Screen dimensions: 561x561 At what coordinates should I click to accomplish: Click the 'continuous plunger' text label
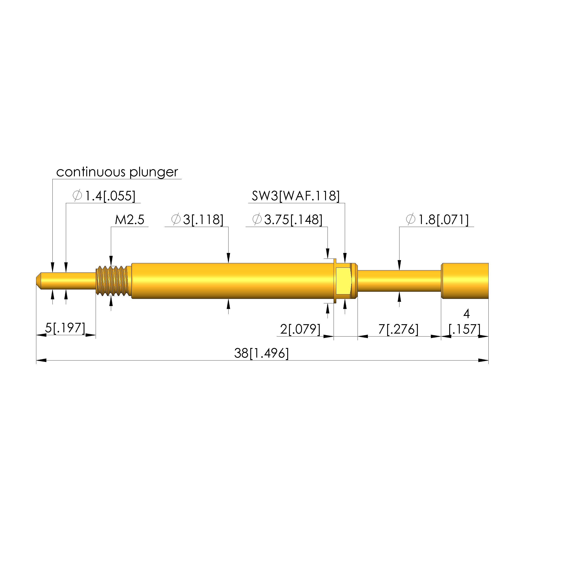point(117,172)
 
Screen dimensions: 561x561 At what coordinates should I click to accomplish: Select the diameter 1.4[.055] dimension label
point(104,196)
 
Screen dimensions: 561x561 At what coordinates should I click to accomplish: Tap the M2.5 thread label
point(129,220)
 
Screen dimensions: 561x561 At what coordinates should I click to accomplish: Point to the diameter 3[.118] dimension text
point(197,220)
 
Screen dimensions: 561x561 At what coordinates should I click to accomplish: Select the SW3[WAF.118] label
point(296,196)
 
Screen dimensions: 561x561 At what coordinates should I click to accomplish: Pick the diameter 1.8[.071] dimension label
point(437,220)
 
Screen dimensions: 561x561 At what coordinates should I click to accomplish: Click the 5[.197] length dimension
point(65,328)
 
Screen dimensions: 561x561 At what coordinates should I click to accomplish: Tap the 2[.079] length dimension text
point(300,330)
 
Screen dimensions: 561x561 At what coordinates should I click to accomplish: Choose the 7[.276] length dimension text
point(398,330)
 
